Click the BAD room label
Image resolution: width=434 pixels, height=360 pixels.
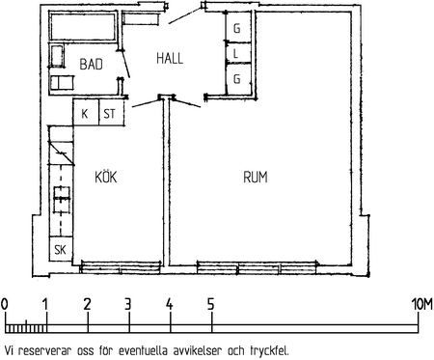pos(92,64)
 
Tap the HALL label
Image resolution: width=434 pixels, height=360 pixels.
pos(170,58)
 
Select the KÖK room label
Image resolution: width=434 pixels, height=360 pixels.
pos(106,177)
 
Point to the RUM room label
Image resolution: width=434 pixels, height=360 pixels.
pos(256,177)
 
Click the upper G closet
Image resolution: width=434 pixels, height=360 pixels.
pos(238,27)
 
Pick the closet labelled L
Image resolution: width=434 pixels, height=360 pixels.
pos(238,53)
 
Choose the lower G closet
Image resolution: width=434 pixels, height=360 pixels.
pos(238,79)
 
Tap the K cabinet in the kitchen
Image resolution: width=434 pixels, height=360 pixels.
pos(86,112)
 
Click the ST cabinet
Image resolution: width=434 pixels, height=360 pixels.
pos(112,112)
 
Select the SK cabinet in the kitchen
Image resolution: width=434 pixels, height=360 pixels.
pos(61,249)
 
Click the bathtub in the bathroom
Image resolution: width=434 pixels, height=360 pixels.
pos(82,26)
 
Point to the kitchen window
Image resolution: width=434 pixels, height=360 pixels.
pos(121,267)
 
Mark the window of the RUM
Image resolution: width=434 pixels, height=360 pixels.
pos(258,267)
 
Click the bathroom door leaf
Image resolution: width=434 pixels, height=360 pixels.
pos(125,64)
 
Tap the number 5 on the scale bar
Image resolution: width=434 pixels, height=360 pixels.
pos(210,304)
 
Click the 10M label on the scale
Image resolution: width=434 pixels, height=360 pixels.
pos(422,304)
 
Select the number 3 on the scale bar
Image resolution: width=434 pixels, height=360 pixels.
pos(128,304)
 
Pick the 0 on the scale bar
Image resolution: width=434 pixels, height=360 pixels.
pos(5,304)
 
